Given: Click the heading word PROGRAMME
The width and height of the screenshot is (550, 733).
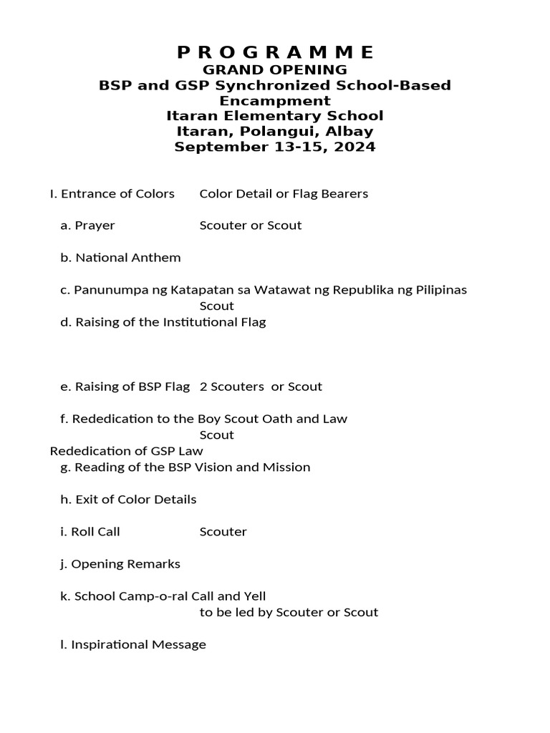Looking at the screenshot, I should click(275, 52).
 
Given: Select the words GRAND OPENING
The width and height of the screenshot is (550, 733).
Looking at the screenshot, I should click(275, 69).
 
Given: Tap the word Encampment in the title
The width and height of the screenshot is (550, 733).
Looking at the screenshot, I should click(275, 100).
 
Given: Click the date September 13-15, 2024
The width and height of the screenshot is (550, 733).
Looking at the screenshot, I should click(275, 147).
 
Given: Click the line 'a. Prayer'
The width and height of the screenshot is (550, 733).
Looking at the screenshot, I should click(87, 225).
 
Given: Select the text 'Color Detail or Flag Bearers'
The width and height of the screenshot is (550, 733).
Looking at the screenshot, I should click(284, 193).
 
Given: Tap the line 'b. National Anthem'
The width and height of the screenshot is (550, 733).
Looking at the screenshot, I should click(120, 258).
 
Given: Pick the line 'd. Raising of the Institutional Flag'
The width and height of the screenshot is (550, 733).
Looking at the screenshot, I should click(163, 322).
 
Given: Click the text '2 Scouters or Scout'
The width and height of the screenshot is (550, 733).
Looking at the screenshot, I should click(261, 387).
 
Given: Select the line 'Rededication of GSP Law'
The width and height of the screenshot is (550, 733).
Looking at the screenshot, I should click(126, 451).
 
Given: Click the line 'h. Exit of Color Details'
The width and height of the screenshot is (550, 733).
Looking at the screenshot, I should click(128, 500).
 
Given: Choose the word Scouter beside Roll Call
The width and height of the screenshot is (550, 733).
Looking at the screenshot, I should click(223, 532).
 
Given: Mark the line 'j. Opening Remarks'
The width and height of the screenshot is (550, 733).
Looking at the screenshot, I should click(120, 564).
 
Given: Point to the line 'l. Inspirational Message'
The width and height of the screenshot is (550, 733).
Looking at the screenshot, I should click(133, 645).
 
